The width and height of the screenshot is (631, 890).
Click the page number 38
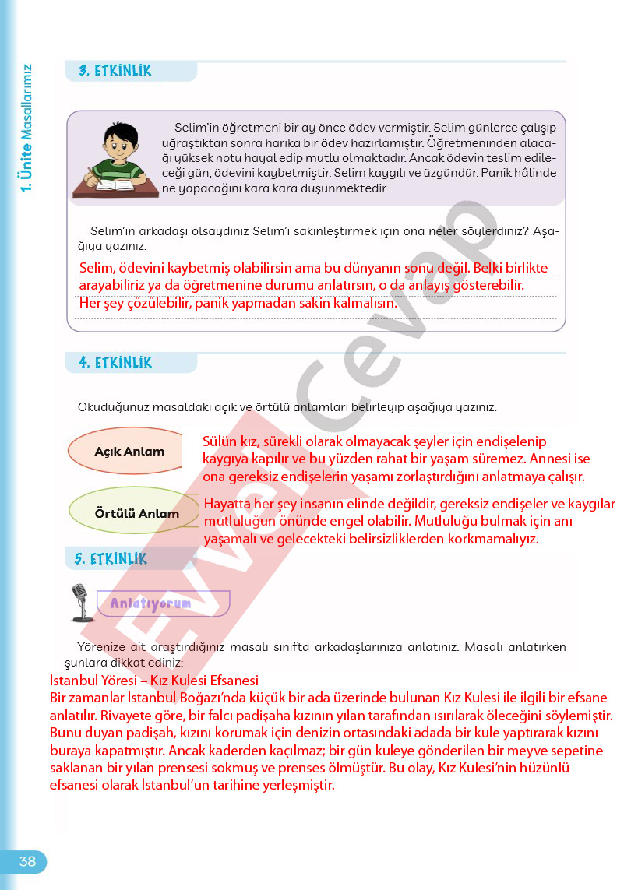click(x=27, y=861)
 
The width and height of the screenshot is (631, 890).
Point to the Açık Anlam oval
click(x=129, y=452)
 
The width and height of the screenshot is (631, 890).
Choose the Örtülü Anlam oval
click(x=136, y=513)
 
